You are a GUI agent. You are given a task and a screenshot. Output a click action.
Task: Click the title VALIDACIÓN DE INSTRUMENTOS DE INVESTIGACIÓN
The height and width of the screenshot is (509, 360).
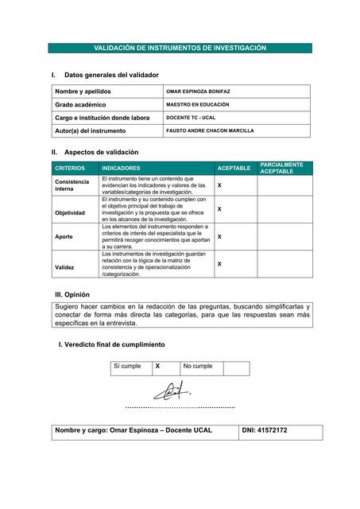180,49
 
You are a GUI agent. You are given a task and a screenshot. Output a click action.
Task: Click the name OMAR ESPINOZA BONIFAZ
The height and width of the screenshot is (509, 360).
198,91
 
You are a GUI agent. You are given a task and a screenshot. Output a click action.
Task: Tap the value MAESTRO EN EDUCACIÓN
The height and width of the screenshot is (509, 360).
197,104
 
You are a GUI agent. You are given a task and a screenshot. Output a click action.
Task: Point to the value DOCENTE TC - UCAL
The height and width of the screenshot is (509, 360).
191,118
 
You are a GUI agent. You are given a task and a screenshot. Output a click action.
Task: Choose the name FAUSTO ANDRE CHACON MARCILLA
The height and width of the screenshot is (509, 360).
210,130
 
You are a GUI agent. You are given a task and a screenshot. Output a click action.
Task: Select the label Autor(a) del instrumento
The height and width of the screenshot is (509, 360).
91,130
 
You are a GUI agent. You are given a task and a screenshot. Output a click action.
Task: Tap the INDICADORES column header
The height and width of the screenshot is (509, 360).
121,169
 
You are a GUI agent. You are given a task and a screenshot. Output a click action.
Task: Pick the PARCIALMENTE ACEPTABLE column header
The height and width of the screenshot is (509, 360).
281,168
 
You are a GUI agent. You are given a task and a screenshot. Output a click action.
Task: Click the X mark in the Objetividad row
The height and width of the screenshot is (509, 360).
219,209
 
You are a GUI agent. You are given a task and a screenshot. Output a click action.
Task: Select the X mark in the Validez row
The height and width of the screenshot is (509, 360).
219,263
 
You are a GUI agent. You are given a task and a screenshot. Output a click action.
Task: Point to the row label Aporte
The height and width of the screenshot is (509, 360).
64,237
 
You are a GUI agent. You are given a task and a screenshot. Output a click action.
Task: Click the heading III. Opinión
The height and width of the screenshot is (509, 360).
79,295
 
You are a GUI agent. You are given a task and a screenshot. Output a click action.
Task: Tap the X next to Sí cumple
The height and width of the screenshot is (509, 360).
157,366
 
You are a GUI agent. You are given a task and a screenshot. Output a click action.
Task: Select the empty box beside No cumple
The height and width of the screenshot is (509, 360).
235,367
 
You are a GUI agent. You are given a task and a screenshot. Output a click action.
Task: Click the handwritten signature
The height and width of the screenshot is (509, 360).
172,391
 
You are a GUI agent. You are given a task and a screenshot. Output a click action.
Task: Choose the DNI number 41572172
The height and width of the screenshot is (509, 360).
265,430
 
